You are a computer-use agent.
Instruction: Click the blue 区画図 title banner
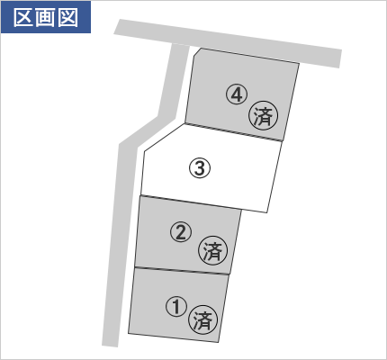[46, 17]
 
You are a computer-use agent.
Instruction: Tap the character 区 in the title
[23, 17]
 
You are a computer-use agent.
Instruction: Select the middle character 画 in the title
[46, 17]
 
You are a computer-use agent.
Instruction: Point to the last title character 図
[68, 17]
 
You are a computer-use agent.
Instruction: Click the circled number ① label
[176, 307]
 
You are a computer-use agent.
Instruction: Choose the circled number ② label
[181, 232]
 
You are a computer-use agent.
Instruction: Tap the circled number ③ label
[200, 167]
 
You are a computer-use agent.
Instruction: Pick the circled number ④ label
[237, 94]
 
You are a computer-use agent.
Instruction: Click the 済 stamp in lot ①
[202, 319]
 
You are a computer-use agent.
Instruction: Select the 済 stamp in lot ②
[213, 251]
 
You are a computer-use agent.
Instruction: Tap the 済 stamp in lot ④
[263, 115]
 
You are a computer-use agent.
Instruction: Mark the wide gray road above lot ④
[228, 43]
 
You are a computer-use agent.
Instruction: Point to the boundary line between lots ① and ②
[182, 271]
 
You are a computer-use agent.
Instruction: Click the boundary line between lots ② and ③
[191, 202]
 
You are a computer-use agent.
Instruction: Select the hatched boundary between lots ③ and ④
[233, 131]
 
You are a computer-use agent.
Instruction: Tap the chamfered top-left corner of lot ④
[197, 52]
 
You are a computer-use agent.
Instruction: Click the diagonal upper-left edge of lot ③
[165, 137]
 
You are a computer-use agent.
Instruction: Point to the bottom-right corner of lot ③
[266, 212]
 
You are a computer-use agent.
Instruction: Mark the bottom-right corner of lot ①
[218, 342]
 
